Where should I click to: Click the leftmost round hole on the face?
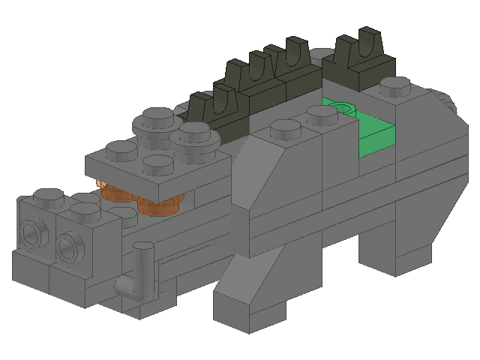click(x=32, y=233)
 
